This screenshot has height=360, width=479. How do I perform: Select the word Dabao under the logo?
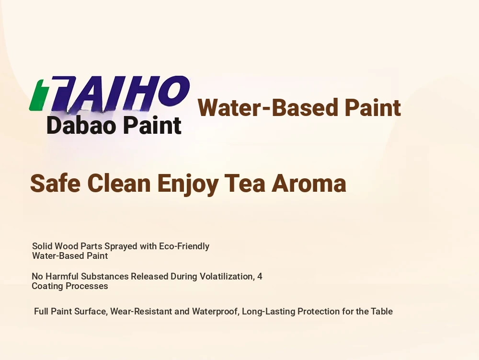80,125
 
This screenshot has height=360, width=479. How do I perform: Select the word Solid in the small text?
43,246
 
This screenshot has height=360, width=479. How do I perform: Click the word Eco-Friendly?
184,246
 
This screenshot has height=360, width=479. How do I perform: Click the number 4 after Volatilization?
260,277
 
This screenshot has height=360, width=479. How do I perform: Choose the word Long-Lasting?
269,312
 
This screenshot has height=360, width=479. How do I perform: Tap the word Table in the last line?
382,312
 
